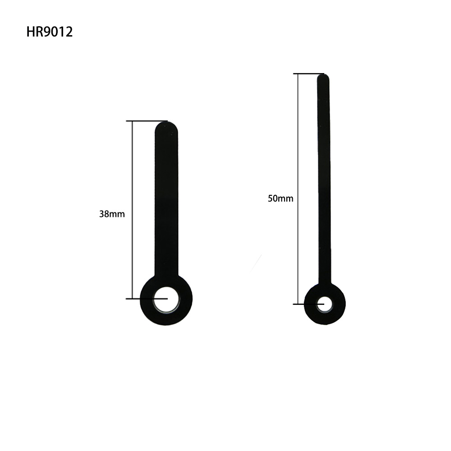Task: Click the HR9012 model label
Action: click(x=49, y=32)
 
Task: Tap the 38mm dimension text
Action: click(x=112, y=214)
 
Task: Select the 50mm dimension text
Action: click(x=280, y=198)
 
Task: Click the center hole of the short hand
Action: click(x=166, y=299)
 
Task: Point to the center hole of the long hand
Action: click(x=324, y=304)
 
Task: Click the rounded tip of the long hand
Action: click(x=323, y=79)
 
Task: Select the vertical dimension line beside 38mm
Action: click(x=132, y=180)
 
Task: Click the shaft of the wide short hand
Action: click(x=166, y=203)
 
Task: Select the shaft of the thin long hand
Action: click(x=324, y=180)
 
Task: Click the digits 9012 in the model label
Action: click(x=58, y=32)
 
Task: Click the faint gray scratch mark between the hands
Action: click(x=256, y=263)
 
